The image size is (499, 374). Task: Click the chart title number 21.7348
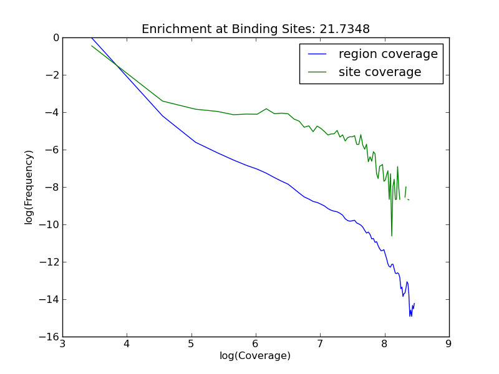347,29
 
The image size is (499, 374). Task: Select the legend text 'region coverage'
388,54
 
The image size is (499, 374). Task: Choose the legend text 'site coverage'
380,72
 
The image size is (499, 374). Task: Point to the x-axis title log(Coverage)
255,356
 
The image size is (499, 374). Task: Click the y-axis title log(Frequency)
29,187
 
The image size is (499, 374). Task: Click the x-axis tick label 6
255,343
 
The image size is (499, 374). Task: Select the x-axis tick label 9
448,343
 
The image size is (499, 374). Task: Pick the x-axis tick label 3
62,343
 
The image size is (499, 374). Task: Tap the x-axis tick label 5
191,343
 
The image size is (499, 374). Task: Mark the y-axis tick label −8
51,187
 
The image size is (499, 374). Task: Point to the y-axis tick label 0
56,37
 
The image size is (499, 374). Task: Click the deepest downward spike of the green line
392,236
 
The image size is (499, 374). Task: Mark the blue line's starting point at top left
92,37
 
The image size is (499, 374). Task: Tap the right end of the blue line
414,304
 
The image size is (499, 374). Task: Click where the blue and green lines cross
117,64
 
